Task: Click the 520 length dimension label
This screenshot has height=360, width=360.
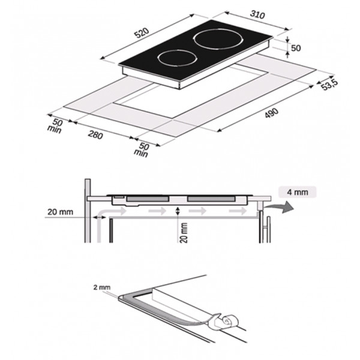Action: point(142,33)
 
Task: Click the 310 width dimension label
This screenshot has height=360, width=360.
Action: point(257,14)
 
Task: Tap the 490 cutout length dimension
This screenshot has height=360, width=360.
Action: point(272,113)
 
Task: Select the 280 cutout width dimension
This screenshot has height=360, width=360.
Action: point(95,135)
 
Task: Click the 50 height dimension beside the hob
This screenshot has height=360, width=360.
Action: point(296,48)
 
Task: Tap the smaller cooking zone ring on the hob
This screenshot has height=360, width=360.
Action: point(177,58)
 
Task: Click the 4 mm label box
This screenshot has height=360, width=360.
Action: point(298,192)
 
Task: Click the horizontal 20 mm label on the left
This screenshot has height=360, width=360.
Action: point(60,212)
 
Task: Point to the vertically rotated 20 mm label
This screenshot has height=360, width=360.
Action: point(184,232)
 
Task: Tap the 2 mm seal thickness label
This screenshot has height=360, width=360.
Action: point(102,287)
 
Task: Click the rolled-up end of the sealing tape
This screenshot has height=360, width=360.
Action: point(229,321)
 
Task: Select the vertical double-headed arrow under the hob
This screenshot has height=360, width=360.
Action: point(177,211)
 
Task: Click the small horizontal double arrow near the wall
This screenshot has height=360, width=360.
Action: point(99,217)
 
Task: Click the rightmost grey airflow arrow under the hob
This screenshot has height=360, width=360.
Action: point(238,211)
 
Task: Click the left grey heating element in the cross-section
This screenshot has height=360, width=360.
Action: point(148,199)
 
